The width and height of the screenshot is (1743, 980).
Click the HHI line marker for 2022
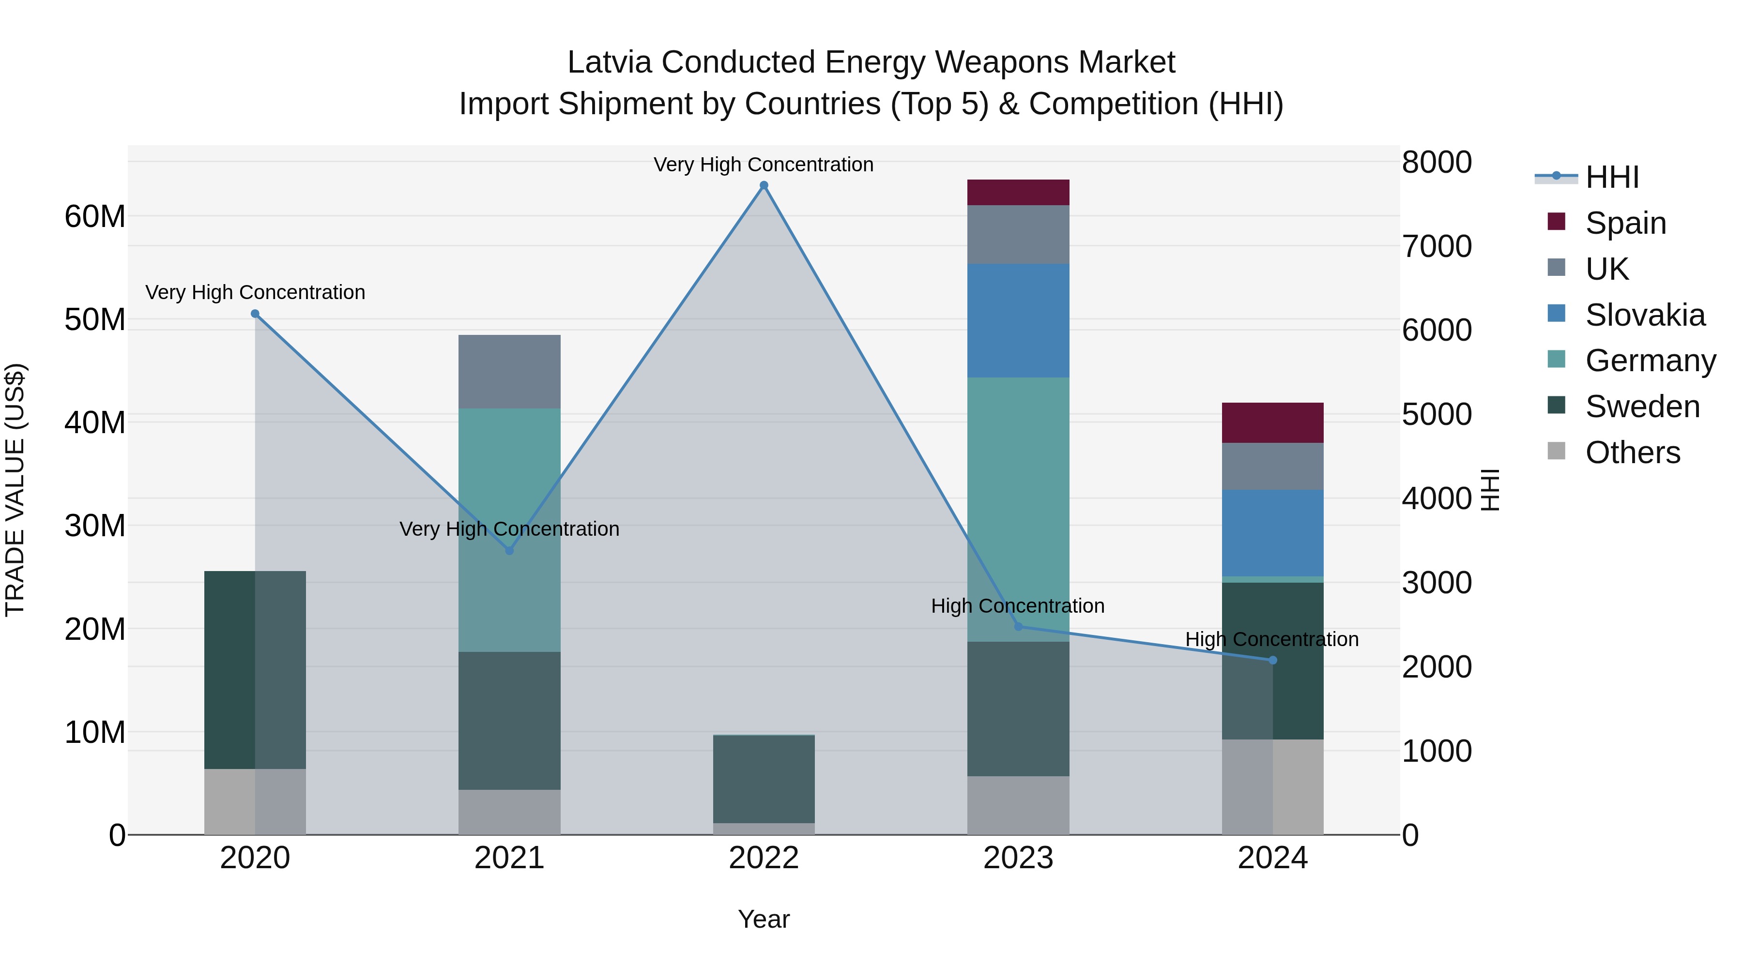pyautogui.click(x=764, y=185)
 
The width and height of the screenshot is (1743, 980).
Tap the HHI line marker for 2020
pyautogui.click(x=255, y=314)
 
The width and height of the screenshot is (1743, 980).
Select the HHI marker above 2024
pyautogui.click(x=1273, y=660)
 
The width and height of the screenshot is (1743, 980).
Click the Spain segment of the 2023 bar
pyautogui.click(x=1018, y=192)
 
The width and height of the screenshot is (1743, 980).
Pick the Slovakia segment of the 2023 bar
pyautogui.click(x=1018, y=320)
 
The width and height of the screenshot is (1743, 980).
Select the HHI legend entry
pyautogui.click(x=1612, y=177)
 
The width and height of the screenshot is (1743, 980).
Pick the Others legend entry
pyautogui.click(x=1632, y=452)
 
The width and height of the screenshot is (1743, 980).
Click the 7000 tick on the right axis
pyautogui.click(x=1437, y=246)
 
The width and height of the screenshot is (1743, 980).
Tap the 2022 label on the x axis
pyautogui.click(x=764, y=858)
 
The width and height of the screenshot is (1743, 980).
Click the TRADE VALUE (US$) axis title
pyautogui.click(x=15, y=490)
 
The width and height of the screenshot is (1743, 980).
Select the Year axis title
pyautogui.click(x=764, y=919)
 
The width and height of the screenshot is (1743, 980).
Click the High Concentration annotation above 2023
pyautogui.click(x=1018, y=606)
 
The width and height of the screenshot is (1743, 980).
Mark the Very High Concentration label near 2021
pyautogui.click(x=509, y=529)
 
